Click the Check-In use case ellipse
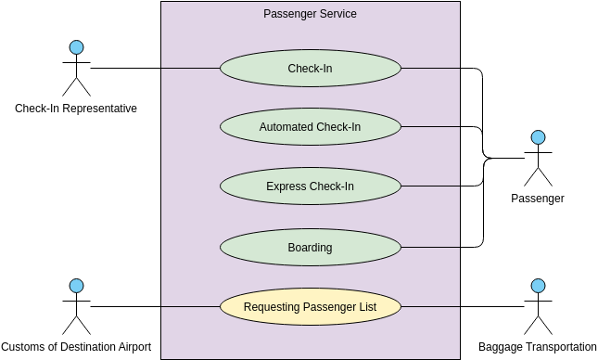click(310, 68)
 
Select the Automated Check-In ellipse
click(310, 127)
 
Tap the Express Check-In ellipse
click(310, 186)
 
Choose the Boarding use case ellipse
click(310, 248)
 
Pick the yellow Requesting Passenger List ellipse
click(310, 307)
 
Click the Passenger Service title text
click(310, 14)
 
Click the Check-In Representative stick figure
click(76, 69)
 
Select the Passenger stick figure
click(538, 159)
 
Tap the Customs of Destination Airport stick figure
click(76, 307)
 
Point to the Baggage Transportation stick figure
click(538, 307)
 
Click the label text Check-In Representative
click(76, 109)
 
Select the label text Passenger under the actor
click(538, 199)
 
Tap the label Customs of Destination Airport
click(76, 347)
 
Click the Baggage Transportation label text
click(538, 347)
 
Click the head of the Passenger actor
click(538, 138)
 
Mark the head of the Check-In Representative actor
click(76, 47)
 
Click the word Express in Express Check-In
click(286, 186)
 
